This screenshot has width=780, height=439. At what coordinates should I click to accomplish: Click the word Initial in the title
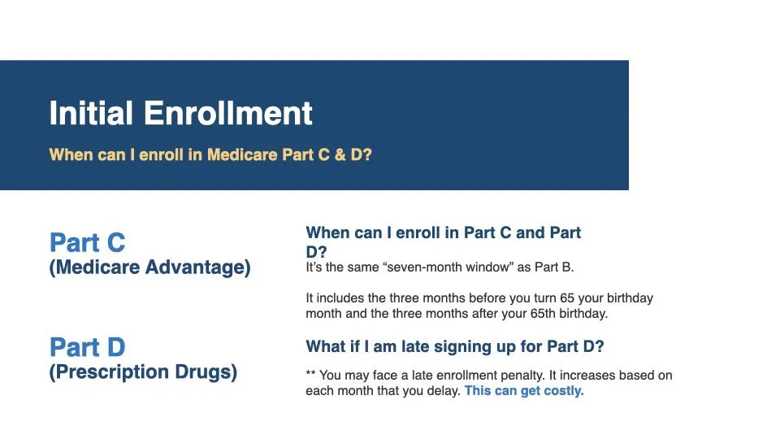[91, 113]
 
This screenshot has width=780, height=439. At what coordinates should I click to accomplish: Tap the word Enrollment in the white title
[228, 113]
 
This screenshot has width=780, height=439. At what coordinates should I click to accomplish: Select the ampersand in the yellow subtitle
[340, 154]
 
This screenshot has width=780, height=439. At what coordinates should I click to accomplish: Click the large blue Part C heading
[88, 243]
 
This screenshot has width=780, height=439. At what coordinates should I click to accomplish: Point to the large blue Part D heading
[88, 347]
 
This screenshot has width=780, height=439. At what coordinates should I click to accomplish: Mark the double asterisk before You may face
[310, 373]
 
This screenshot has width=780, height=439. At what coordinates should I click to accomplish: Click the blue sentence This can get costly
[524, 391]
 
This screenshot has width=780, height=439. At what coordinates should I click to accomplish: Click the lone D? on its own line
[316, 252]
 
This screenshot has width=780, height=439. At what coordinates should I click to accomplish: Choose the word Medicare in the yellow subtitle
[242, 154]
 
